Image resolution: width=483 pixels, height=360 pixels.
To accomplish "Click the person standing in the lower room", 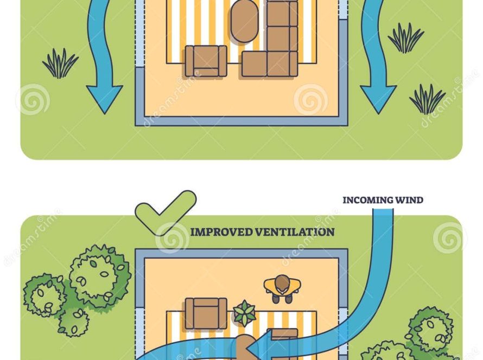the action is tap(282, 288).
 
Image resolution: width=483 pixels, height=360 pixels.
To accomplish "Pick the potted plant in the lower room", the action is tap(244, 313).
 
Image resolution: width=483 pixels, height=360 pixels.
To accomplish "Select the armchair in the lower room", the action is tap(206, 313).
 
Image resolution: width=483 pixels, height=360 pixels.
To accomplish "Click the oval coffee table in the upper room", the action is tap(244, 21).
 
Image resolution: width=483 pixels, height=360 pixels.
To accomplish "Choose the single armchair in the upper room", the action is tap(206, 61).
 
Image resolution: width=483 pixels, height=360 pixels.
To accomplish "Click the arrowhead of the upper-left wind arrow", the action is tap(104, 98).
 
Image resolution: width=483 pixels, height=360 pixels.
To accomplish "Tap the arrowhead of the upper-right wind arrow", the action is tap(378, 98).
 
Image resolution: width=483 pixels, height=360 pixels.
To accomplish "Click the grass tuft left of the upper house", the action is tap(60, 63).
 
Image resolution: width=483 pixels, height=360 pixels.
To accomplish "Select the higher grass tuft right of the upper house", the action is tap(406, 38).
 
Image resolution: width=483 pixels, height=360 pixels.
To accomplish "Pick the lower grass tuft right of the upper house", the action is tap(427, 99).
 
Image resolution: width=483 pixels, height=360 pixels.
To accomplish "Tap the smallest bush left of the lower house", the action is tap(73, 322).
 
